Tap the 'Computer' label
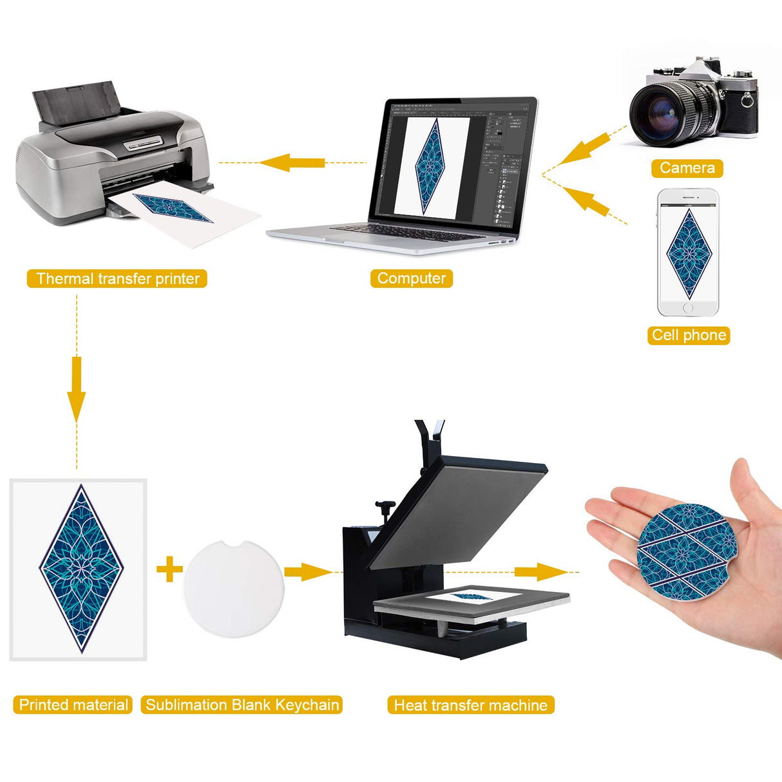point(412,278)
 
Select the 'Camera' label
point(687,168)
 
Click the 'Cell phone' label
point(689,335)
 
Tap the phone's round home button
point(688,308)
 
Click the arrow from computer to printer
point(292,163)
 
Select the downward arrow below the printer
point(76,390)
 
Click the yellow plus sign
point(169,569)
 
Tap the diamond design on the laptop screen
point(430,166)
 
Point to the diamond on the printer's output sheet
point(173,208)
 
